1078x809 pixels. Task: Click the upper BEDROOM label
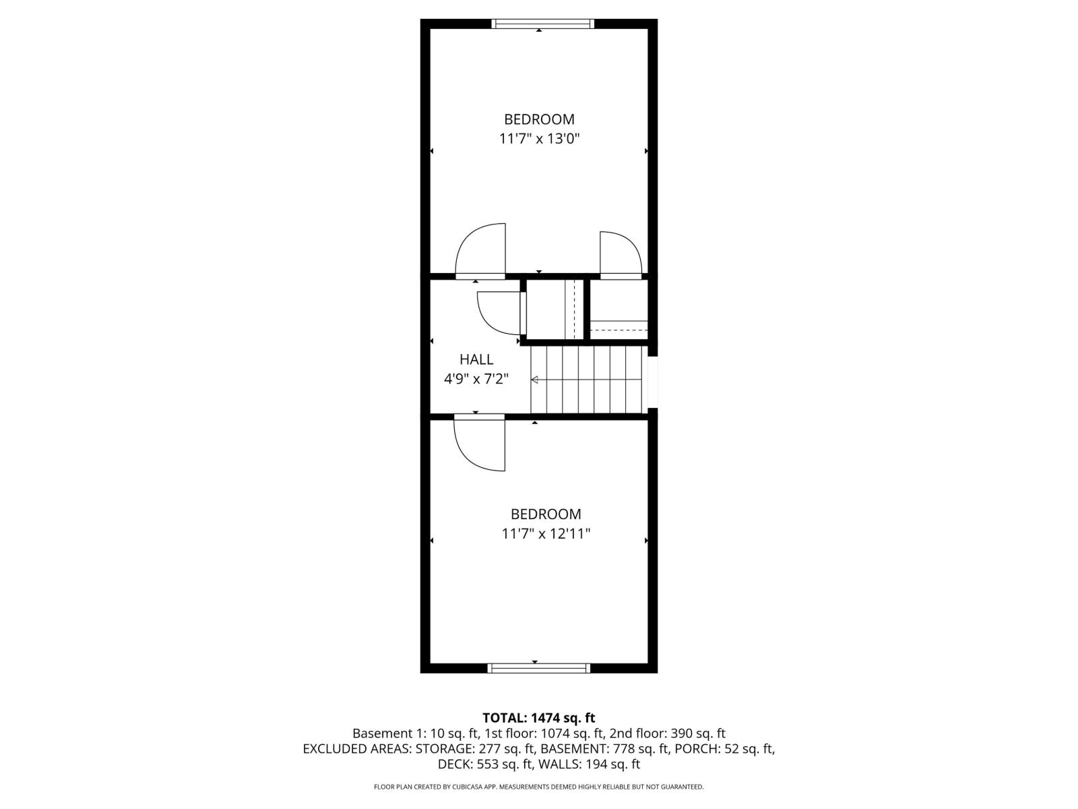[x=539, y=119]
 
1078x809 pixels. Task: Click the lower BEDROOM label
[x=546, y=514]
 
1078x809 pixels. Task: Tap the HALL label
[x=476, y=359]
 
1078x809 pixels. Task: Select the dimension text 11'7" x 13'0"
[x=539, y=140]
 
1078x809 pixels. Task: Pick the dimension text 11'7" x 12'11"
[x=546, y=534]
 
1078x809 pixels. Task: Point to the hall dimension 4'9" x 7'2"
[x=476, y=379]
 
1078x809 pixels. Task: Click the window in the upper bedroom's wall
[x=542, y=24]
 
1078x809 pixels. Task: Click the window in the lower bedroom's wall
[x=539, y=668]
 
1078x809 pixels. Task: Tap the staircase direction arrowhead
[x=534, y=380]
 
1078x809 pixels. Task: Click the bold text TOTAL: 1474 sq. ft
[x=539, y=718]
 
